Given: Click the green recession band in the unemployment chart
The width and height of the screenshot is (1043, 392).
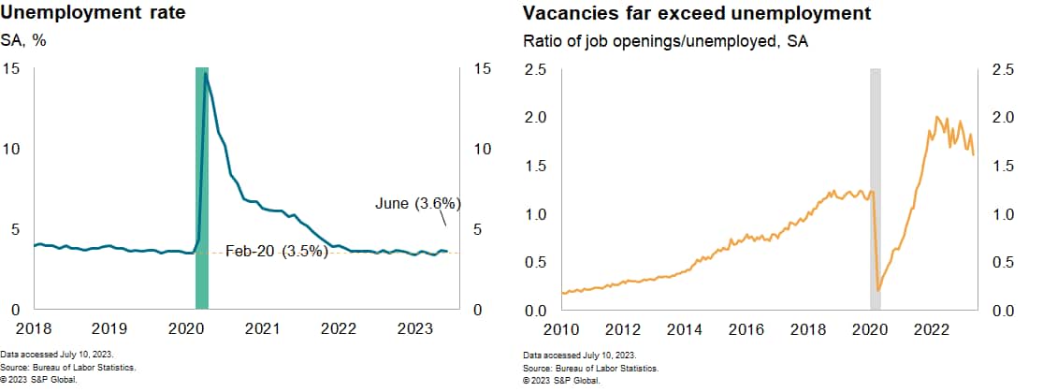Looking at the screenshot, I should [201, 187].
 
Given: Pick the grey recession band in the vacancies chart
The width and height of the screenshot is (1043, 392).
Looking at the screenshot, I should [876, 187].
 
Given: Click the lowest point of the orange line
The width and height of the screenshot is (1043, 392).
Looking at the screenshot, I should [878, 291].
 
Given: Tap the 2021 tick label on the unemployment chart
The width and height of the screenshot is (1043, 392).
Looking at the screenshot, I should [262, 329].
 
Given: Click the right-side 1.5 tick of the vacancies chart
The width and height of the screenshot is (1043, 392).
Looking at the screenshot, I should [1001, 166].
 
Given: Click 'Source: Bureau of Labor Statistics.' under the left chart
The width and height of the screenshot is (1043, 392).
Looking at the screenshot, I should [69, 368].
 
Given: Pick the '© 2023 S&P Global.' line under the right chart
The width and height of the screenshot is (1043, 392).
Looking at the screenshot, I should [561, 380].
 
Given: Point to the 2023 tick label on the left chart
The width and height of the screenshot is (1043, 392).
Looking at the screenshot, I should [414, 329].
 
